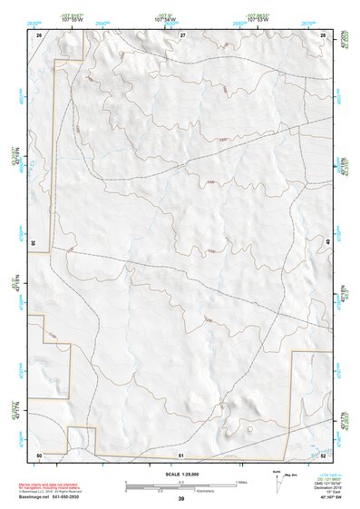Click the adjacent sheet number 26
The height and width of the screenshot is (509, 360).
(x=39, y=34)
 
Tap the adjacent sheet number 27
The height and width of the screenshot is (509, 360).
(x=181, y=34)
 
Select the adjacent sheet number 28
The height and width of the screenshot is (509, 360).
(x=323, y=34)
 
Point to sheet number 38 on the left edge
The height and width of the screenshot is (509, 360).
(x=34, y=243)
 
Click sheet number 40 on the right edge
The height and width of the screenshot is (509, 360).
(x=328, y=243)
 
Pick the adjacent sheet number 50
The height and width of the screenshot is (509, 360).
(x=39, y=455)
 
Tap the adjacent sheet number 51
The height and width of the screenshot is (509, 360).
(x=181, y=455)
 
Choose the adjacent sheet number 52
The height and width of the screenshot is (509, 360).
(x=323, y=455)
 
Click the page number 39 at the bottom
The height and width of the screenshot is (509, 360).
(x=181, y=499)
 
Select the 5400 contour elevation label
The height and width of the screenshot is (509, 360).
(x=211, y=182)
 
